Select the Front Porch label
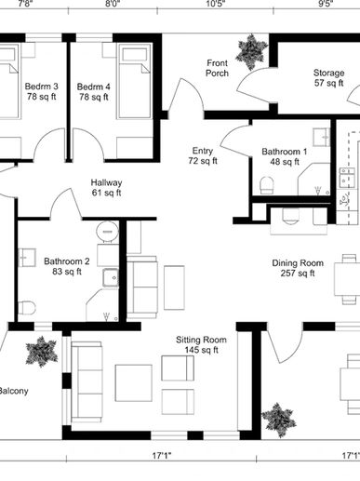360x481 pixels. click(x=217, y=68)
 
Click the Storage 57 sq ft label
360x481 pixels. click(x=328, y=78)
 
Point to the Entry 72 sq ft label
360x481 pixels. click(x=203, y=155)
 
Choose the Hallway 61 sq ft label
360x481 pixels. click(x=106, y=187)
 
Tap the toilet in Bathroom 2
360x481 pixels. click(x=26, y=308)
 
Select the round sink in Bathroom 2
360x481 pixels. click(x=107, y=232)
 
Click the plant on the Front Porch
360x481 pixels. click(x=251, y=51)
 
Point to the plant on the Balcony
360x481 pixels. click(x=41, y=352)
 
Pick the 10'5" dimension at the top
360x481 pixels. click(x=216, y=4)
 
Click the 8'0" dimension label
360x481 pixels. click(x=113, y=4)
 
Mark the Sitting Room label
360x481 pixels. click(x=201, y=340)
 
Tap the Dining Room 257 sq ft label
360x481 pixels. click(x=298, y=268)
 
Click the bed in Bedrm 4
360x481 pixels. click(x=135, y=82)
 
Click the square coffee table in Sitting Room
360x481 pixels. click(x=134, y=382)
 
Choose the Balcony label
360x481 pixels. click(x=14, y=391)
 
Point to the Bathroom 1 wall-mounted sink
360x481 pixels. click(x=322, y=138)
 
